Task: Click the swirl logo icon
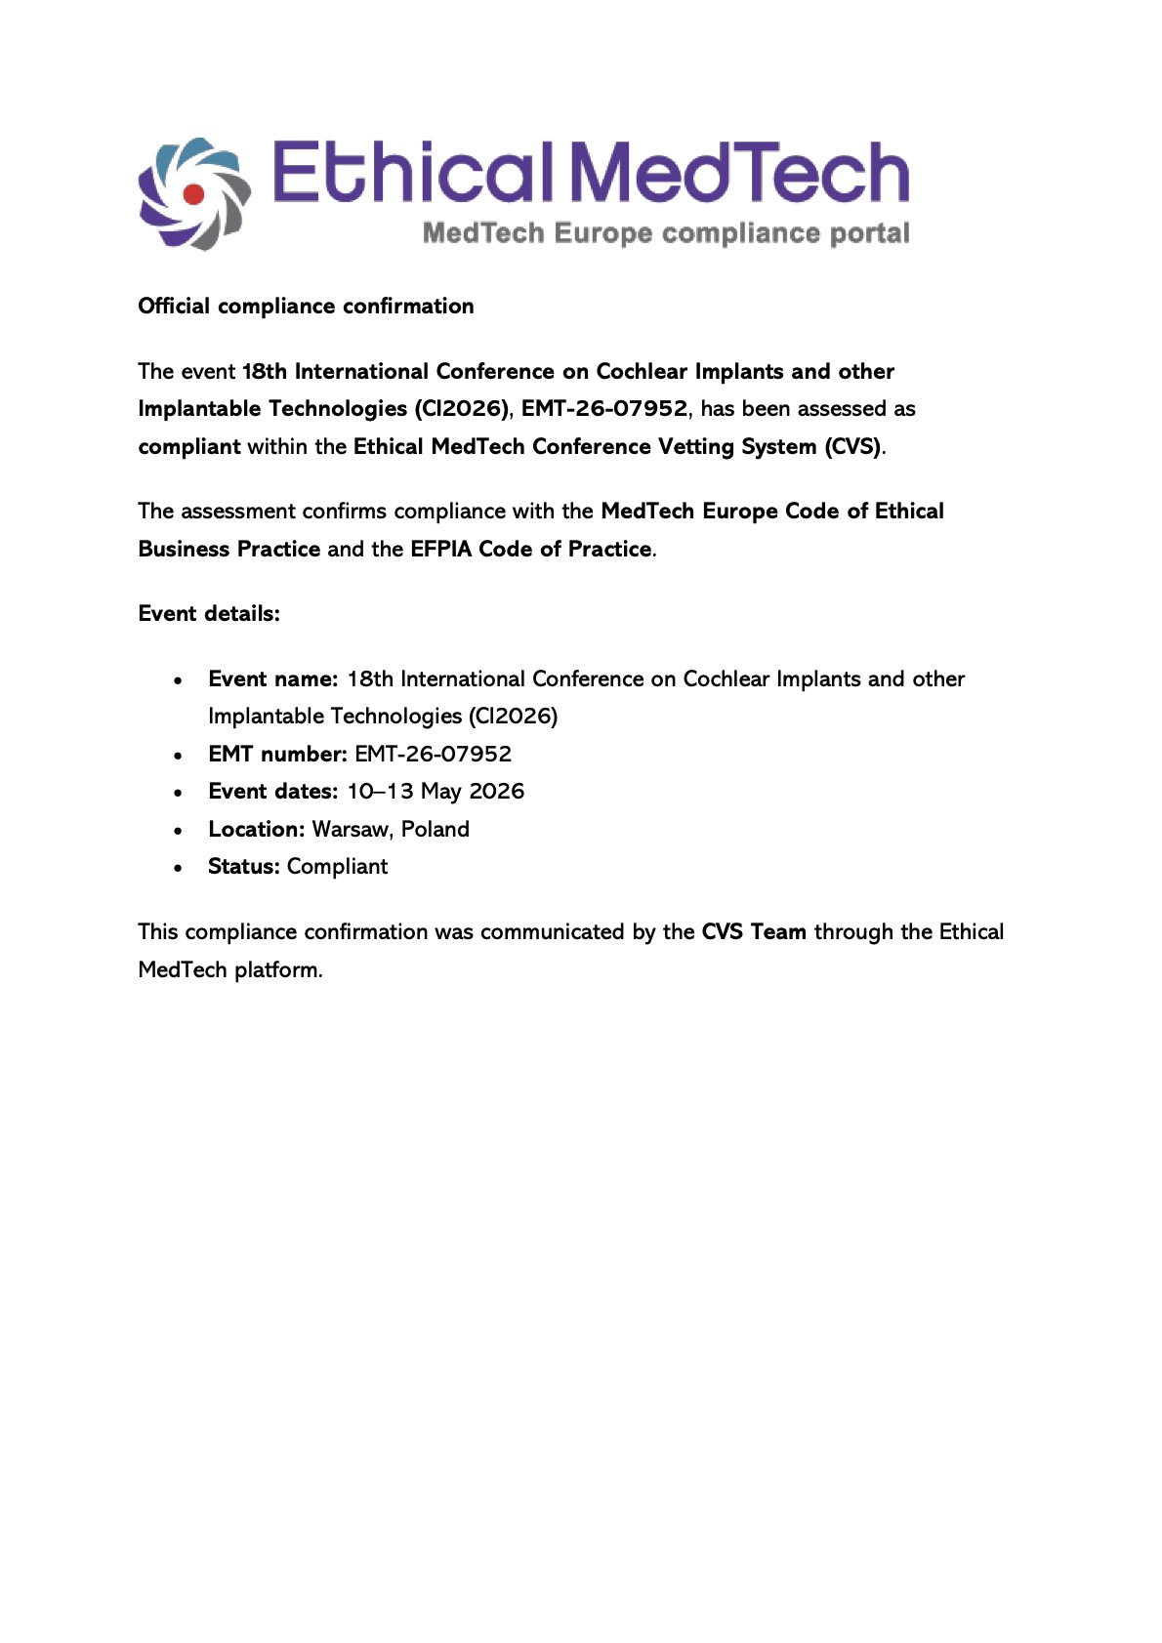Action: click(x=193, y=193)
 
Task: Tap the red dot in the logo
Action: click(x=193, y=194)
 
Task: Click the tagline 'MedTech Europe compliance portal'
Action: click(x=666, y=233)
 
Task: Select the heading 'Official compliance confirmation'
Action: click(x=306, y=306)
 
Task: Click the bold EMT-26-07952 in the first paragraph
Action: click(x=603, y=408)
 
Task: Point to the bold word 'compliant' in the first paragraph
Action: click(x=188, y=446)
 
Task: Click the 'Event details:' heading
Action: click(x=209, y=613)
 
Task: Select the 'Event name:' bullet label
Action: click(x=272, y=678)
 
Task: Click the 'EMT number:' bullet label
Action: click(x=277, y=754)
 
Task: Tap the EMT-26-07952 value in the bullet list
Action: click(x=433, y=754)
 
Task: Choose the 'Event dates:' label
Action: click(x=272, y=791)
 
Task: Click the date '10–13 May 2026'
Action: click(x=436, y=791)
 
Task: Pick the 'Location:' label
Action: click(x=256, y=829)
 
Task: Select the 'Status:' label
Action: click(x=243, y=866)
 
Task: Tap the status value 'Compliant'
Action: click(x=337, y=866)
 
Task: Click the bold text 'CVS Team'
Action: click(x=754, y=931)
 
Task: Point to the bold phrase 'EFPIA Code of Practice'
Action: click(x=530, y=549)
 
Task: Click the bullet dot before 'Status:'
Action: click(x=178, y=867)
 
